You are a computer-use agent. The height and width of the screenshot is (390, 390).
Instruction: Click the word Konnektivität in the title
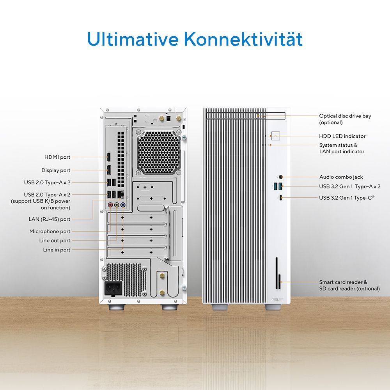pyautogui.click(x=243, y=39)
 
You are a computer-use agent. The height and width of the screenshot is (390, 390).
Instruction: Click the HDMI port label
pyautogui.click(x=57, y=157)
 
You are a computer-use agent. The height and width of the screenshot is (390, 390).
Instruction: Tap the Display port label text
pyautogui.click(x=56, y=170)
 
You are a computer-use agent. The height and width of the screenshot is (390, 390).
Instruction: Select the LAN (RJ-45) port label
pyautogui.click(x=50, y=219)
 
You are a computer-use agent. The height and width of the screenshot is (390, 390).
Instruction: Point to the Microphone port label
pyautogui.click(x=50, y=231)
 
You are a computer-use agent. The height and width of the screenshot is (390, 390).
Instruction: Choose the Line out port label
pyautogui.click(x=55, y=241)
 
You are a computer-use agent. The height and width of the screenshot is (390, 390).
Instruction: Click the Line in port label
pyautogui.click(x=57, y=250)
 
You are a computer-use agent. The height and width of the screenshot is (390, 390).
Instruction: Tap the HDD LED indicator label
pyautogui.click(x=342, y=136)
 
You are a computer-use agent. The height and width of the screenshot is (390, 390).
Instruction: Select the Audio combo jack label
pyautogui.click(x=341, y=177)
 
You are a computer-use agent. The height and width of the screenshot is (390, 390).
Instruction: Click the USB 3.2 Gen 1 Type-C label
pyautogui.click(x=347, y=198)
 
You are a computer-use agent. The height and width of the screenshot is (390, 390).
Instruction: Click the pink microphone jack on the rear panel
pyautogui.click(x=111, y=205)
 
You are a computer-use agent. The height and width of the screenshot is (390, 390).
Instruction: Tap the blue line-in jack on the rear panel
pyautogui.click(x=122, y=205)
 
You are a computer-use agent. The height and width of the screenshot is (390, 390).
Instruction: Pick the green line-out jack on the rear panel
pyautogui.click(x=117, y=205)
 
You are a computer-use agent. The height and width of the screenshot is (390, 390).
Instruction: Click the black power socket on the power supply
pyautogui.click(x=113, y=288)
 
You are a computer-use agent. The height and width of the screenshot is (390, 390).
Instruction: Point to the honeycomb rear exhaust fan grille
pyautogui.click(x=158, y=152)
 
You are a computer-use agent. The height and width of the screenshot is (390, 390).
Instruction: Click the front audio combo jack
pyautogui.click(x=281, y=177)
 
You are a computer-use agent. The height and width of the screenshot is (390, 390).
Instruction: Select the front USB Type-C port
pyautogui.click(x=280, y=198)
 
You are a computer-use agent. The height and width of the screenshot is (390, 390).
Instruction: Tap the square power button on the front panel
pyautogui.click(x=276, y=136)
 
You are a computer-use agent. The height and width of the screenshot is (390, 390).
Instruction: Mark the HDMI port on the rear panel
pyautogui.click(x=109, y=157)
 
